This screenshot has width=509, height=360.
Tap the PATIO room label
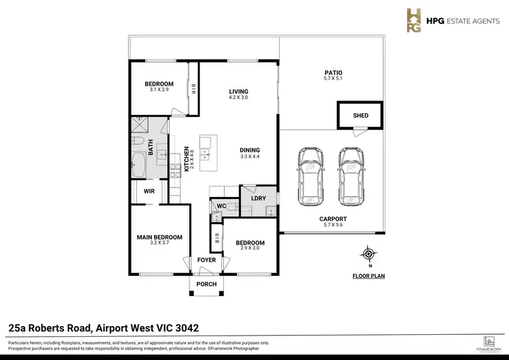tap(333, 73)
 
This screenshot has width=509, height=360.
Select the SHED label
tap(360, 115)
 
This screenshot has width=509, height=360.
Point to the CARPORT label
tap(333, 219)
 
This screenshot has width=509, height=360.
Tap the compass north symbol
tap(369, 254)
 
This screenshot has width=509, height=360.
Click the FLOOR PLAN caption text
tap(369, 276)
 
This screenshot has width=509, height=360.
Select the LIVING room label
tap(238, 92)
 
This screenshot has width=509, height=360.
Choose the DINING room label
tap(249, 150)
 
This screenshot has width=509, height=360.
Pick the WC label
tap(220, 206)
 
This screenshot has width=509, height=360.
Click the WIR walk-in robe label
tap(149, 192)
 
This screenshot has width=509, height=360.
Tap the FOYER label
tap(206, 260)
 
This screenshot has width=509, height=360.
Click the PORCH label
tap(206, 285)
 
